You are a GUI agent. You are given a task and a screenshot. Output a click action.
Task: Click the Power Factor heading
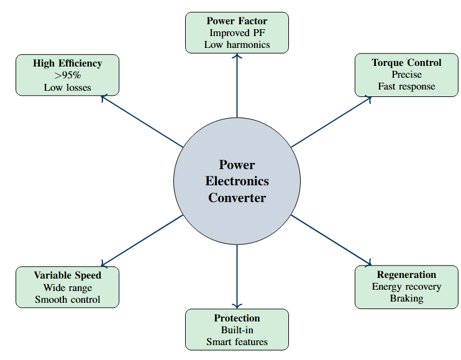click(237, 21)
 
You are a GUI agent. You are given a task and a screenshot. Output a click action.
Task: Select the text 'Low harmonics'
click(237, 44)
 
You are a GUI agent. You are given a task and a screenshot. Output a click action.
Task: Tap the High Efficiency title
click(67, 63)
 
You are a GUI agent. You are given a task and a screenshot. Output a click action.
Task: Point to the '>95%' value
click(67, 75)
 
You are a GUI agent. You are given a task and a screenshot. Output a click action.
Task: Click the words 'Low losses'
click(67, 87)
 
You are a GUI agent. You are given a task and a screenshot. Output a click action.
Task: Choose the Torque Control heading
click(406, 62)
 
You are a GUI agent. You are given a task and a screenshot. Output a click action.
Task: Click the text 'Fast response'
click(406, 86)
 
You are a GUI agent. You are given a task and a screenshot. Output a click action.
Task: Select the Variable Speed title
click(67, 275)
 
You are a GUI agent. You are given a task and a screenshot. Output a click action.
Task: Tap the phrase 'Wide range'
click(67, 287)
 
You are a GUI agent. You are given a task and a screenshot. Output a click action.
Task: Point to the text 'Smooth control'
click(67, 299)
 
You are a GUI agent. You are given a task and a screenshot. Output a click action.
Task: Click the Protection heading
click(237, 318)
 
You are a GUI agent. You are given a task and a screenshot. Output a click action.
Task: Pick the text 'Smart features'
click(237, 341)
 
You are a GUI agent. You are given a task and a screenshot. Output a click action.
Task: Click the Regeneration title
click(406, 274)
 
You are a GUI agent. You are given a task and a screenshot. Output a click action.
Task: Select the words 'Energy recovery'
click(406, 286)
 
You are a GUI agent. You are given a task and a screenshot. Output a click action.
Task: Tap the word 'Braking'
click(406, 298)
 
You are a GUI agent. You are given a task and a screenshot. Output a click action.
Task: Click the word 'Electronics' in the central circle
click(237, 182)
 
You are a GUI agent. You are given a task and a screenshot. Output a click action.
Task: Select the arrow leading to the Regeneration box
click(332, 240)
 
